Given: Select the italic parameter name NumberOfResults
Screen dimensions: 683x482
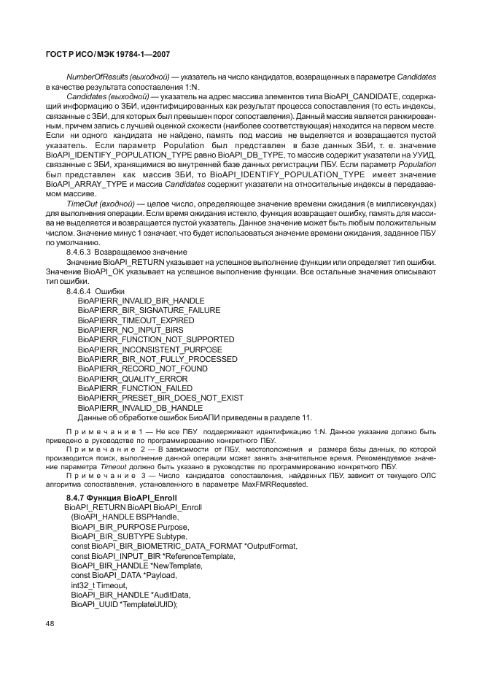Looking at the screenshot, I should [x=94, y=77].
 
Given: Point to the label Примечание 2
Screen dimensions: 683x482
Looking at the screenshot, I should [x=106, y=449].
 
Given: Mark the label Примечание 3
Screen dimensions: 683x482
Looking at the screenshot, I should [x=106, y=474].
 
